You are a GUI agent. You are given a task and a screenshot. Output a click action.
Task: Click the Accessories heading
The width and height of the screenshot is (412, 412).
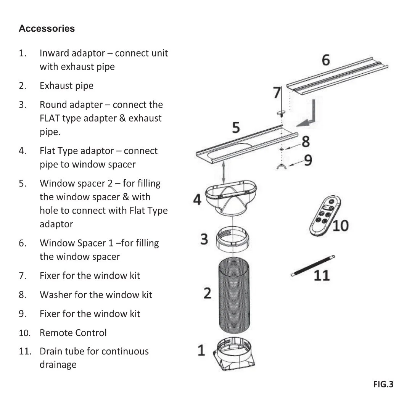click(47, 29)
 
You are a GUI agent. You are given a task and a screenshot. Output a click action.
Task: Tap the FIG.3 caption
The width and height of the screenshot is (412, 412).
click(383, 384)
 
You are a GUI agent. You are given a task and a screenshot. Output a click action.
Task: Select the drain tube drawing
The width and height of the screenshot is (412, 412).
click(313, 266)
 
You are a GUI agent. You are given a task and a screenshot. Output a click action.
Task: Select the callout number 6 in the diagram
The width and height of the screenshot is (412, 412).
click(325, 60)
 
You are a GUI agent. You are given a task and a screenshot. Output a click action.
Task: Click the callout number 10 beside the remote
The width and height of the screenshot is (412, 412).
click(340, 225)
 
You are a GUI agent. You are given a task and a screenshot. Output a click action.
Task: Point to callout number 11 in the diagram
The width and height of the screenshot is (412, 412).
click(321, 275)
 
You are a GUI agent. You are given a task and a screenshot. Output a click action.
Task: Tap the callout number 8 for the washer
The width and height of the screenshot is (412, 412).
click(306, 142)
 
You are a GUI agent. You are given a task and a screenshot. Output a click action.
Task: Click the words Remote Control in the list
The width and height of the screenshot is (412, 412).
click(73, 333)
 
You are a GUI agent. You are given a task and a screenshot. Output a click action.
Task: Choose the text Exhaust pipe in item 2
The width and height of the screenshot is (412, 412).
click(66, 86)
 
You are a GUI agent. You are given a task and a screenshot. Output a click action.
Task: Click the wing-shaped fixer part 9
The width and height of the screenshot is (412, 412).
click(281, 166)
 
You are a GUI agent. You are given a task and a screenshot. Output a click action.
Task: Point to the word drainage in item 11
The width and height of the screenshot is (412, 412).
click(58, 364)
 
